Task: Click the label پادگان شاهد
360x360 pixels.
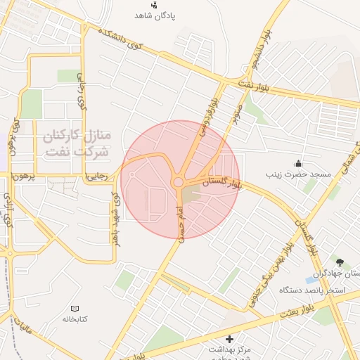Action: [x=155, y=15]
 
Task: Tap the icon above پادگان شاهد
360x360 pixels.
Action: [x=155, y=5]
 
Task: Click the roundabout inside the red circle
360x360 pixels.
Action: [x=179, y=182]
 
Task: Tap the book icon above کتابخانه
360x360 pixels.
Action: [x=75, y=308]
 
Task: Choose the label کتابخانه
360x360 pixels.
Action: [x=75, y=319]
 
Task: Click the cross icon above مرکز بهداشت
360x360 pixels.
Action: [x=228, y=339]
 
